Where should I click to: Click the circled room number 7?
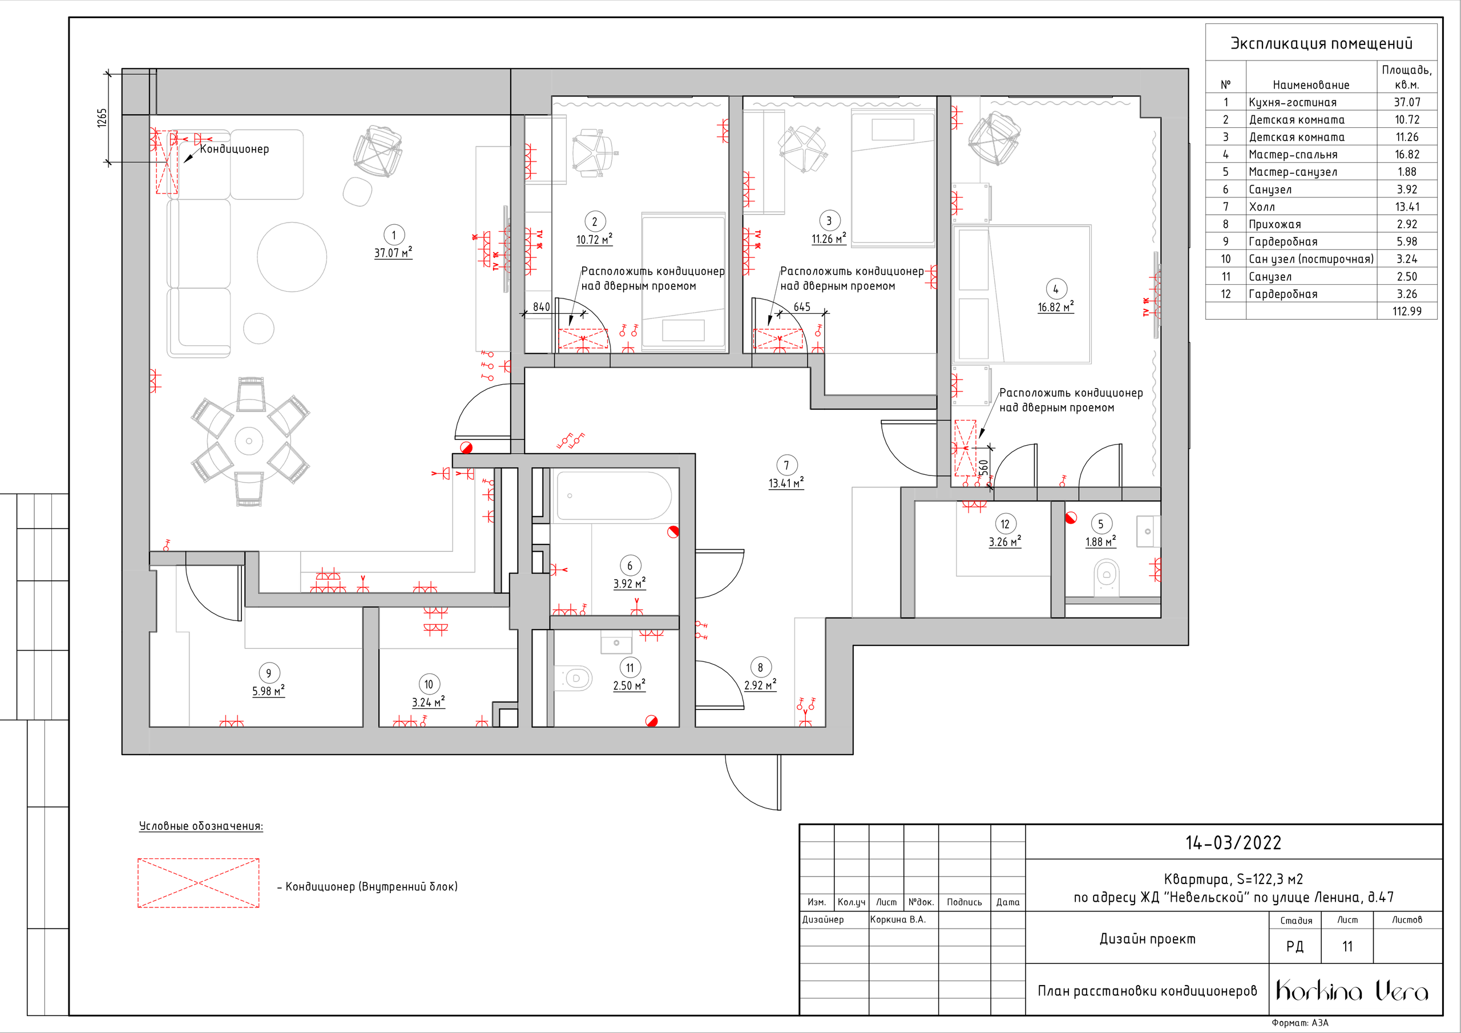786,465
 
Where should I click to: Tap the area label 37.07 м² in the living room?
393,253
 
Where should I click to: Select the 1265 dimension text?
102,118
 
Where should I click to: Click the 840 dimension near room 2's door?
542,307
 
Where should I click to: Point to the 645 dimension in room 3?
802,307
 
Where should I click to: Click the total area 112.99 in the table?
1406,311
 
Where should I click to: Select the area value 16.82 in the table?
1406,155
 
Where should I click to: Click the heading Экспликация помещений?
1321,43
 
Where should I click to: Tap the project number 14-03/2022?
1233,843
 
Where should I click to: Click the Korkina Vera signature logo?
1352,990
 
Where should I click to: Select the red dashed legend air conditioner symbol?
199,883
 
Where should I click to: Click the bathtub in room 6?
614,496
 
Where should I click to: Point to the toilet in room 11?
575,679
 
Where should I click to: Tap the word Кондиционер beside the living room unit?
234,149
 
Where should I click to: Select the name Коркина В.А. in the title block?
898,919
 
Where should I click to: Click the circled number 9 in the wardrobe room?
269,673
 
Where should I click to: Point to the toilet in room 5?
1107,576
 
